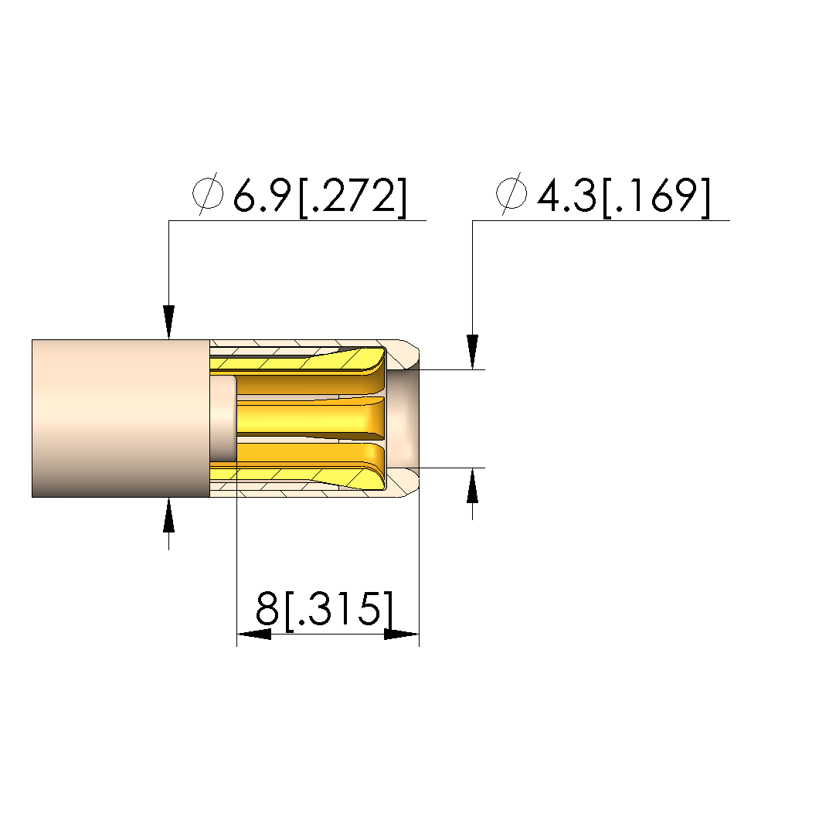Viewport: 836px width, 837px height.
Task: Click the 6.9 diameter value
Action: click(262, 196)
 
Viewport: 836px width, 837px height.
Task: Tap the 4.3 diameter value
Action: click(566, 196)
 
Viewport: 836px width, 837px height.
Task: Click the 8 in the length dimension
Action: click(267, 608)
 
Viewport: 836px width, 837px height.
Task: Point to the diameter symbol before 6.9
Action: click(208, 193)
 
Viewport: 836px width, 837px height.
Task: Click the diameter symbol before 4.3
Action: click(511, 193)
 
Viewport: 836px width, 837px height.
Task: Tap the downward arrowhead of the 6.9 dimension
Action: click(168, 322)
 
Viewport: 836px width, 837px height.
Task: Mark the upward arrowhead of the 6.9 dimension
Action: click(168, 515)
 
